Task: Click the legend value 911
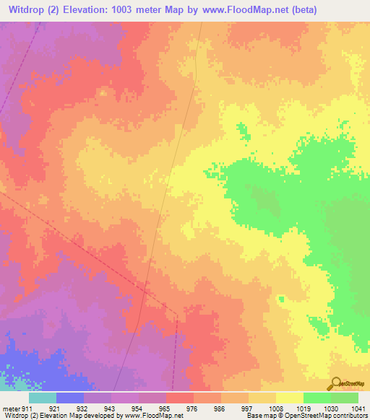pos(27,408)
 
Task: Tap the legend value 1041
pos(359,408)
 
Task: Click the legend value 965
pos(152,408)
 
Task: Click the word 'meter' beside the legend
pos(11,408)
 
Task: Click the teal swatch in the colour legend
pos(43,398)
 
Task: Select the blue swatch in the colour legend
pos(70,398)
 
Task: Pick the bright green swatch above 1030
pos(317,398)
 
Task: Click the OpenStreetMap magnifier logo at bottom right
pos(335,383)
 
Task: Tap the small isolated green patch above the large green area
pos(242,131)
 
